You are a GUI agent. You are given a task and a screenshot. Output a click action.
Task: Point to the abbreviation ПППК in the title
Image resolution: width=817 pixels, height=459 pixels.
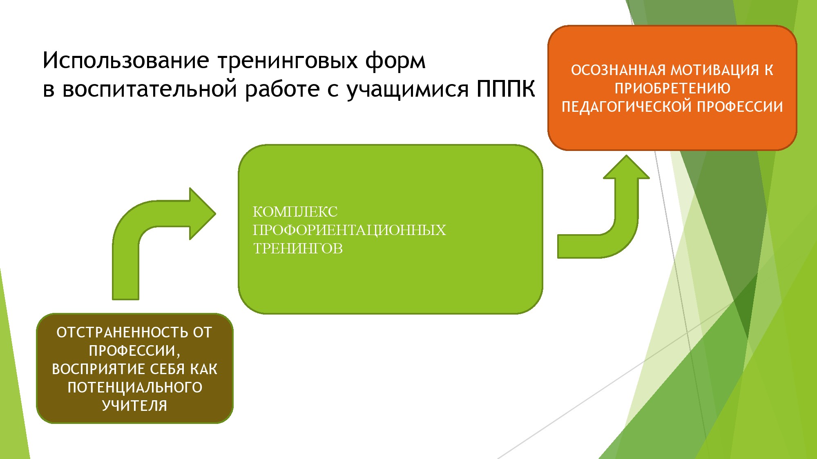click(x=505, y=89)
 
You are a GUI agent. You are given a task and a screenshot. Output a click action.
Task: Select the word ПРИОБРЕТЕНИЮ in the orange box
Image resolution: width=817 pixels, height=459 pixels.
click(x=672, y=89)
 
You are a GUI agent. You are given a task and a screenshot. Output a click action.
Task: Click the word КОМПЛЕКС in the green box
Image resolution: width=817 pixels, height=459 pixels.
click(x=295, y=212)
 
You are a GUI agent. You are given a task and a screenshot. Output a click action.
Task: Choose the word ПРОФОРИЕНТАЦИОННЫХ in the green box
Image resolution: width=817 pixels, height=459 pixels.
click(x=349, y=230)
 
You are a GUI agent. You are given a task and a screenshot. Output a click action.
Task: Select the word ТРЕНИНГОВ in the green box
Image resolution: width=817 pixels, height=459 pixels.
click(x=298, y=248)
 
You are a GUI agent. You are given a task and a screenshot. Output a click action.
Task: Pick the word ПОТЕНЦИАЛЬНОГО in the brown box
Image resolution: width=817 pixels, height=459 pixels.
click(x=135, y=388)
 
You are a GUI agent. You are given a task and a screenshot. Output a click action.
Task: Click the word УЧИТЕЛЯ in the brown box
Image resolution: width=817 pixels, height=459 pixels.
click(x=135, y=406)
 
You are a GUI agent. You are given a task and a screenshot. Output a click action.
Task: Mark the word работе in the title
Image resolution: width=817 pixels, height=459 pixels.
click(x=282, y=89)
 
